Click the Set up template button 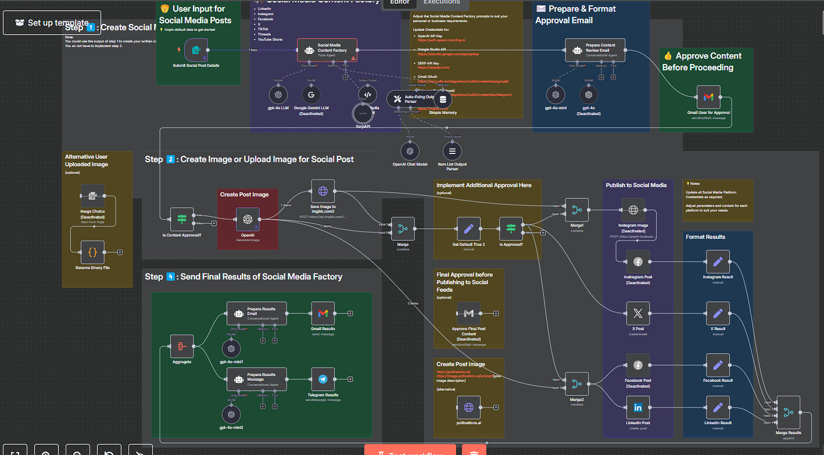click(x=52, y=23)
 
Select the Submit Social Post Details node click(x=196, y=50)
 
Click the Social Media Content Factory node click(x=327, y=50)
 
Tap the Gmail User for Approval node click(x=708, y=97)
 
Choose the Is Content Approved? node click(x=182, y=219)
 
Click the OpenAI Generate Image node click(x=247, y=219)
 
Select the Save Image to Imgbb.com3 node click(x=323, y=191)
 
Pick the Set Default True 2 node click(x=468, y=228)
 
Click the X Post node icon click(x=638, y=313)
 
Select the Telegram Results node click(x=323, y=379)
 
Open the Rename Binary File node click(x=93, y=253)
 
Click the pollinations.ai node click(x=468, y=407)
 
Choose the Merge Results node click(x=788, y=412)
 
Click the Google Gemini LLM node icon click(x=311, y=94)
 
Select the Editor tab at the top click(x=399, y=2)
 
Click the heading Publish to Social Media click(x=636, y=185)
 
